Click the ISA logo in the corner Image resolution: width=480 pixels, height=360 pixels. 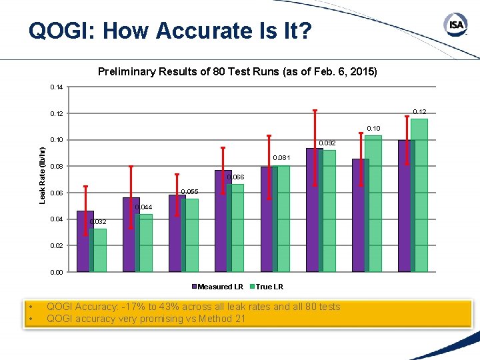pyautogui.click(x=455, y=25)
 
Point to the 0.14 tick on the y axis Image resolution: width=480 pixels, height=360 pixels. pyautogui.click(x=56, y=87)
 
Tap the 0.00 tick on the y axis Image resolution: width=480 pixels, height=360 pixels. pyautogui.click(x=56, y=272)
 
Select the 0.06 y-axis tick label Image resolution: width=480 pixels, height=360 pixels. pyautogui.click(x=56, y=193)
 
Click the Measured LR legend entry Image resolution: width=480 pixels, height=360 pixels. pyautogui.click(x=217, y=287)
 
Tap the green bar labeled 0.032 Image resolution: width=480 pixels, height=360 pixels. pyautogui.click(x=99, y=251)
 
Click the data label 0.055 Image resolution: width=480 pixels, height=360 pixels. pyautogui.click(x=190, y=192)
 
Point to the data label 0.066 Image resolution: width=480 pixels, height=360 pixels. pyautogui.click(x=235, y=177)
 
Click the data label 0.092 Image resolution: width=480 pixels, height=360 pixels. pyautogui.click(x=327, y=143)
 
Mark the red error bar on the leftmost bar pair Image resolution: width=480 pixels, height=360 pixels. pyautogui.click(x=85, y=210)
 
